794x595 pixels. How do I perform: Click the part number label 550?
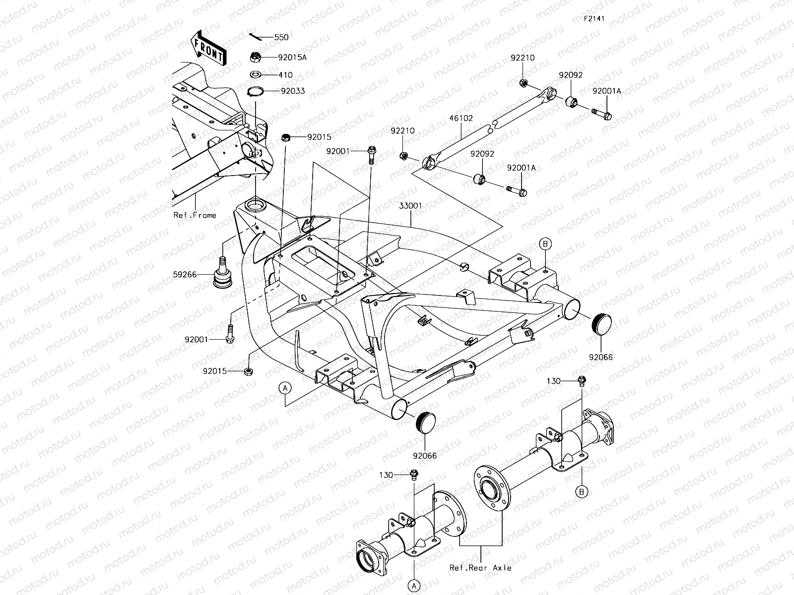pos(281,37)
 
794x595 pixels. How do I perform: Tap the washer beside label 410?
pos(256,75)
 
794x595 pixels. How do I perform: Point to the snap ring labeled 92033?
pos(268,91)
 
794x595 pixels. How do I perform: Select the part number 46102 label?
pos(462,119)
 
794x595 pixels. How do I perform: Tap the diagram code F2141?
pos(594,18)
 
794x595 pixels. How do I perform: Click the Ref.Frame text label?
pos(195,215)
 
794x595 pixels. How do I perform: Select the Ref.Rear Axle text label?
pos(480,568)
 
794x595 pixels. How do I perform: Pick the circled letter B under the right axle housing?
pos(582,492)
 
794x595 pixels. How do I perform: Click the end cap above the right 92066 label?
pos(601,325)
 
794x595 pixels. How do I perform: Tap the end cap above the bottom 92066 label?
pos(425,422)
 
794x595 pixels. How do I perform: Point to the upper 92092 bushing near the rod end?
pos(571,103)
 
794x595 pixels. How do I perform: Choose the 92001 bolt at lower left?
pos(230,332)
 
